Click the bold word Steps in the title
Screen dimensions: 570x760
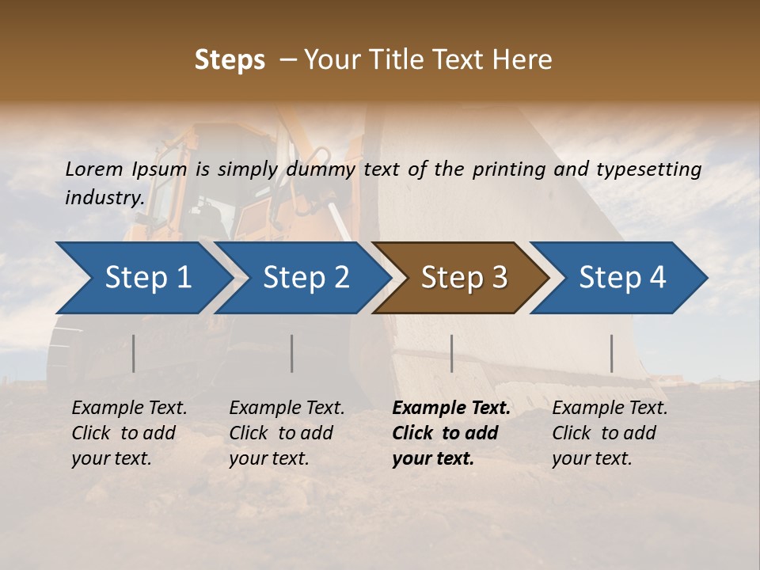point(230,60)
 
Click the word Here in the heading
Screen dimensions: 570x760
point(522,60)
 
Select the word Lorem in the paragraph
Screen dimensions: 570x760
point(94,169)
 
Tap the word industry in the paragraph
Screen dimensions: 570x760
point(104,197)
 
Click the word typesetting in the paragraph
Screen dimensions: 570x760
point(648,169)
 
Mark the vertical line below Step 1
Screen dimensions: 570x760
point(134,353)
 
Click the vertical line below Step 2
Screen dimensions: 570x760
point(292,353)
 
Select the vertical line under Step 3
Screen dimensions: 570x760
point(451,353)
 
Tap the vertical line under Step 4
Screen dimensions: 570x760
point(611,353)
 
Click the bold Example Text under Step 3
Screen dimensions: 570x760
point(451,408)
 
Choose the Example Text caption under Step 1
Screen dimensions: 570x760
point(129,408)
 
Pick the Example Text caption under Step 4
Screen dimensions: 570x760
point(610,408)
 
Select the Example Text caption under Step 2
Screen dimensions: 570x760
point(287,408)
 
